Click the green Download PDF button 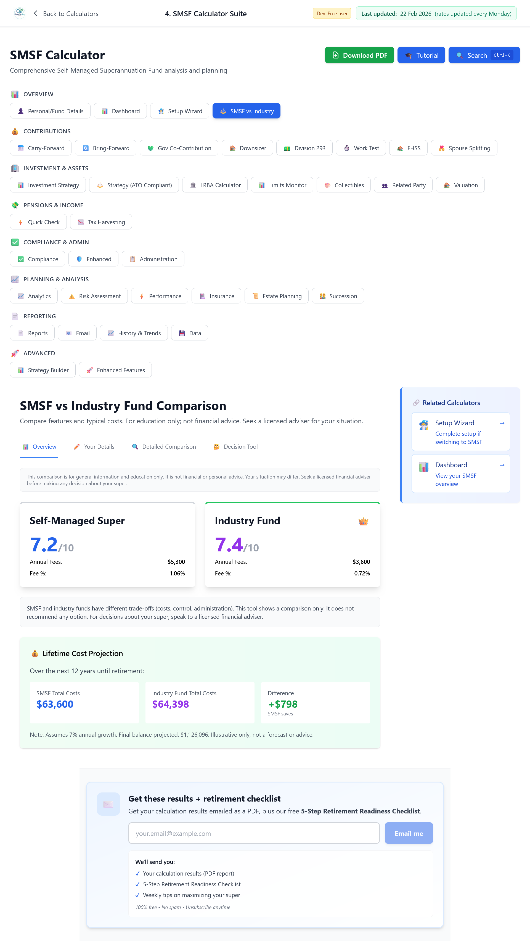coord(359,55)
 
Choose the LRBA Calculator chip coord(215,185)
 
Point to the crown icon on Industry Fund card coord(363,521)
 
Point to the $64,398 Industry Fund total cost coord(170,704)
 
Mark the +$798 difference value coord(283,704)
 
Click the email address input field coord(254,833)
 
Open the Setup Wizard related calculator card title coord(454,423)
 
